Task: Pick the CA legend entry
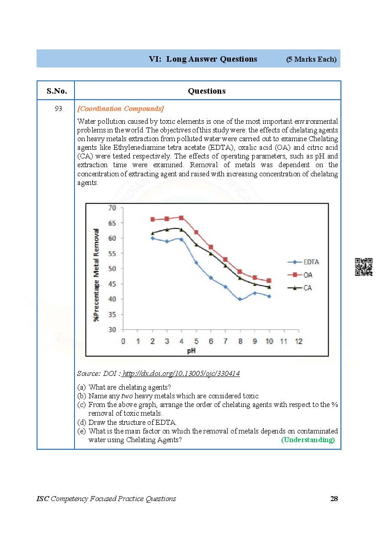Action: tap(303, 288)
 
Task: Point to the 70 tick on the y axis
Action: tap(112, 208)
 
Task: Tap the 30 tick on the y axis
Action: tap(112, 329)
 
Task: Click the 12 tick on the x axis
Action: tap(298, 341)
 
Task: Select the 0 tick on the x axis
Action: tap(123, 341)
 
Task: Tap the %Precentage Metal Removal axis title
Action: tap(97, 275)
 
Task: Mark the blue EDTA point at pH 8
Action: tap(240, 299)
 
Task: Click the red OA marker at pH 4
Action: tap(181, 218)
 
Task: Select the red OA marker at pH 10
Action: tap(269, 280)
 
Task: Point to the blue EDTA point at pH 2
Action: tap(153, 238)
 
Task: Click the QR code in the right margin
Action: tap(363, 267)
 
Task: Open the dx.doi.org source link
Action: tap(181, 374)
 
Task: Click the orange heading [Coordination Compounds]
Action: tap(121, 109)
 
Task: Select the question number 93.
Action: tap(59, 109)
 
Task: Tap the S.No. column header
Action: tap(57, 91)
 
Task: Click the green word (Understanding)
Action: tap(308, 439)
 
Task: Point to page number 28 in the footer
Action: tap(334, 498)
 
